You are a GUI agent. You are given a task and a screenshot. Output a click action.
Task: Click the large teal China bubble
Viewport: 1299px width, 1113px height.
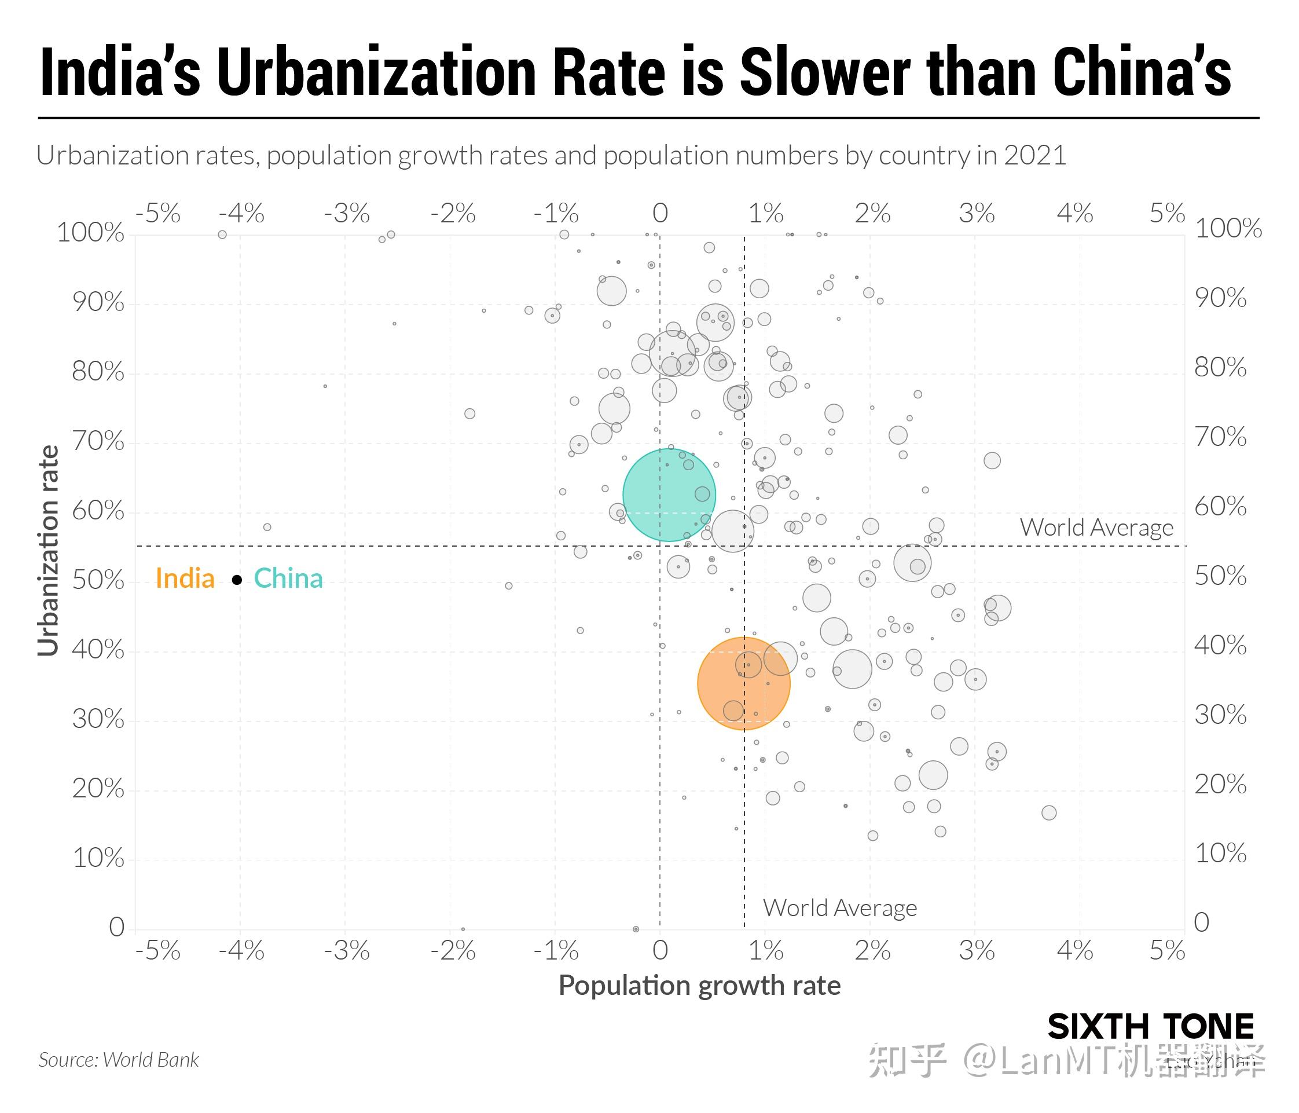[x=668, y=495]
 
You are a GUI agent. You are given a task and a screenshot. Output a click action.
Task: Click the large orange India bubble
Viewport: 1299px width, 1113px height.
[x=743, y=683]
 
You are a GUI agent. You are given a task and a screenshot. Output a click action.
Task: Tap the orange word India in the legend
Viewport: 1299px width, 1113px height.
[x=185, y=578]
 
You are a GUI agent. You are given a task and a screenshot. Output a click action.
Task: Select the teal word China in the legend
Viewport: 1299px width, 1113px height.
[x=288, y=578]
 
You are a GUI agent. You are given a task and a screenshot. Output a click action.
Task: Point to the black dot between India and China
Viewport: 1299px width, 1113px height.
[x=237, y=580]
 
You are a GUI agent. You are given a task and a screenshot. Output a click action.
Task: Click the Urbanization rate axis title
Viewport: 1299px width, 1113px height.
[x=48, y=551]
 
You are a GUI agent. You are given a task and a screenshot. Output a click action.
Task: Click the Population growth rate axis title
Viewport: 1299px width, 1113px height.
[x=699, y=986]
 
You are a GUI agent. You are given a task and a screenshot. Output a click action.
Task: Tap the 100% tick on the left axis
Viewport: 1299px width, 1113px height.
[x=90, y=233]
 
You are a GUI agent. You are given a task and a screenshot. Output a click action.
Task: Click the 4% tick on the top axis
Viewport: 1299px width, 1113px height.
[x=1074, y=214]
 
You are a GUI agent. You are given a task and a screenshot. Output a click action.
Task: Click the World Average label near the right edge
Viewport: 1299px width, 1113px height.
[x=1096, y=528]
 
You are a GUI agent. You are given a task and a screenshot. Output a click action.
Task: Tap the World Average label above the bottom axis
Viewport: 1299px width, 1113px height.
[x=839, y=907]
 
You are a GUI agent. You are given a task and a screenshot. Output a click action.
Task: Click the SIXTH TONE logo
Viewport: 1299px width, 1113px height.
[x=1150, y=1028]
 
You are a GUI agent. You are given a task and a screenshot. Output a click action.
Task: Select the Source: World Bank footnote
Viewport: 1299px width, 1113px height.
[x=119, y=1060]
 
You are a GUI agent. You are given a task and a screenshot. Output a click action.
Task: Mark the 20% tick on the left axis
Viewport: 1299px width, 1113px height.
[x=98, y=789]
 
